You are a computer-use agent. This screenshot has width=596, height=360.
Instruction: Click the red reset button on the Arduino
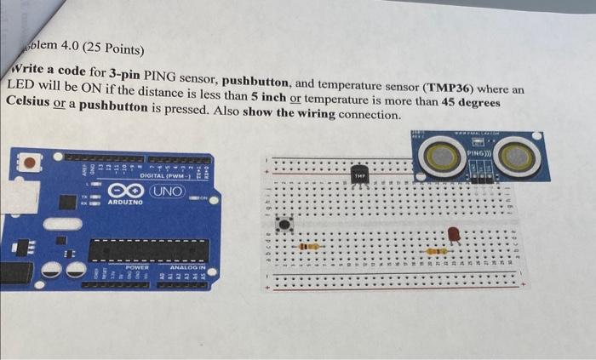pyautogui.click(x=31, y=161)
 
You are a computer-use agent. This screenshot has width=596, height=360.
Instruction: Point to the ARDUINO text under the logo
pyautogui.click(x=124, y=205)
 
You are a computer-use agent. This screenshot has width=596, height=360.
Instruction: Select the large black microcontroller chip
pyautogui.click(x=148, y=250)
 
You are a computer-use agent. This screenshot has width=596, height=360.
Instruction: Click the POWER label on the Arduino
pyautogui.click(x=138, y=266)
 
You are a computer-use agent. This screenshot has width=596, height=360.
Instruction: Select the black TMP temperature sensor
pyautogui.click(x=360, y=173)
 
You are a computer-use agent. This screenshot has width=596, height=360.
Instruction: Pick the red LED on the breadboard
pyautogui.click(x=454, y=233)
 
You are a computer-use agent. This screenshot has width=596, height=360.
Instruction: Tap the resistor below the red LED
pyautogui.click(x=437, y=251)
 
